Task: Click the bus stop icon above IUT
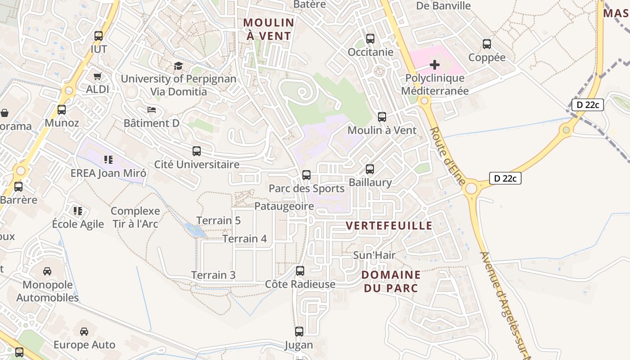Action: coord(99,36)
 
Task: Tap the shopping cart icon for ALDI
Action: coord(98,76)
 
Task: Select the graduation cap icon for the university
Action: coord(179,66)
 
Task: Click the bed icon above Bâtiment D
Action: coord(152,110)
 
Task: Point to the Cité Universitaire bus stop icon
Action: coord(197,151)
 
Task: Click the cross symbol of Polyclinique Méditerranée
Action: coord(435,65)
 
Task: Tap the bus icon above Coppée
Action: coord(487,44)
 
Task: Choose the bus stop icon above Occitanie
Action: coord(370,39)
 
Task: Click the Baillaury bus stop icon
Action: coord(370,169)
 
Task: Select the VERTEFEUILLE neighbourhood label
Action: coord(389,226)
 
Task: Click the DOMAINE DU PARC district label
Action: coord(391,281)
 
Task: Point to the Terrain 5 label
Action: coord(218,220)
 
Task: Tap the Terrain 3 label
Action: coord(213,275)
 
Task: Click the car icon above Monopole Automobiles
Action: coord(47,271)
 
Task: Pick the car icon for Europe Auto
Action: coord(84,332)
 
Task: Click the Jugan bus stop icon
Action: coord(299,332)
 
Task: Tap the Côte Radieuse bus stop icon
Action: coord(300,271)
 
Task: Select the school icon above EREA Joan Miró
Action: coord(108,159)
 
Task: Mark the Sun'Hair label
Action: coord(374,255)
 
